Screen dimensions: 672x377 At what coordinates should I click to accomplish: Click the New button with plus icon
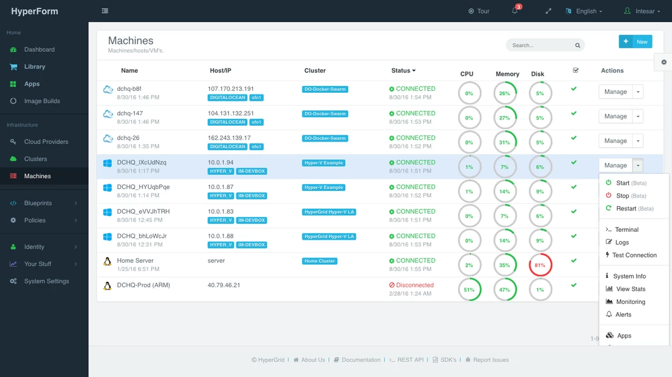point(635,41)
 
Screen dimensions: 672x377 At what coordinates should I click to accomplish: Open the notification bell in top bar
point(515,11)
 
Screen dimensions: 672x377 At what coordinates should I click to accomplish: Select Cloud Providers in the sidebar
point(46,142)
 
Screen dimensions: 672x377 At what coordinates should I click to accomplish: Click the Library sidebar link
point(34,66)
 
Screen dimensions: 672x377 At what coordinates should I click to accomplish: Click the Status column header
point(403,71)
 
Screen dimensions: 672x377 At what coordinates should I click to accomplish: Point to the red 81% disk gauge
point(540,265)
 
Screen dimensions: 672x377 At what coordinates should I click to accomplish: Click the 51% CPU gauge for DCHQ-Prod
point(469,290)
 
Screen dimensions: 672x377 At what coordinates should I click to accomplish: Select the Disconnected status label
point(411,285)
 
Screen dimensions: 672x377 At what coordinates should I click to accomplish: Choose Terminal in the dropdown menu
point(627,230)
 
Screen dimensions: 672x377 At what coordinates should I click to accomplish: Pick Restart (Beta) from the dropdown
point(635,209)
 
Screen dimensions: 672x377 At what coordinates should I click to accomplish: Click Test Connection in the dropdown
point(634,255)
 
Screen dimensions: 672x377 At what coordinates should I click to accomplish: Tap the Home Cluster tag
point(320,261)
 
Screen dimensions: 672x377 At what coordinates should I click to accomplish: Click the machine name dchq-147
point(130,113)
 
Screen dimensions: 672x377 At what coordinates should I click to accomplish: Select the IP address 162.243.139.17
point(229,138)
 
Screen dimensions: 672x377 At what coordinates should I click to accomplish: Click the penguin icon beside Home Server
point(107,261)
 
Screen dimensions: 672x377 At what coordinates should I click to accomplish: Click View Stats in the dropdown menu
point(630,289)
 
